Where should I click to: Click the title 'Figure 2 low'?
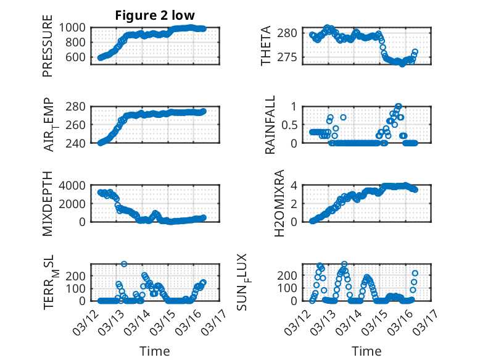point(155,16)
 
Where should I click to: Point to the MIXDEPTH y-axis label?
point(48,204)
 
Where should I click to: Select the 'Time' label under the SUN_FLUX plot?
point(367,351)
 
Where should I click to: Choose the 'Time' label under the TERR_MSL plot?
point(155,351)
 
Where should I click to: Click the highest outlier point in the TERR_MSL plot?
point(124,264)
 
